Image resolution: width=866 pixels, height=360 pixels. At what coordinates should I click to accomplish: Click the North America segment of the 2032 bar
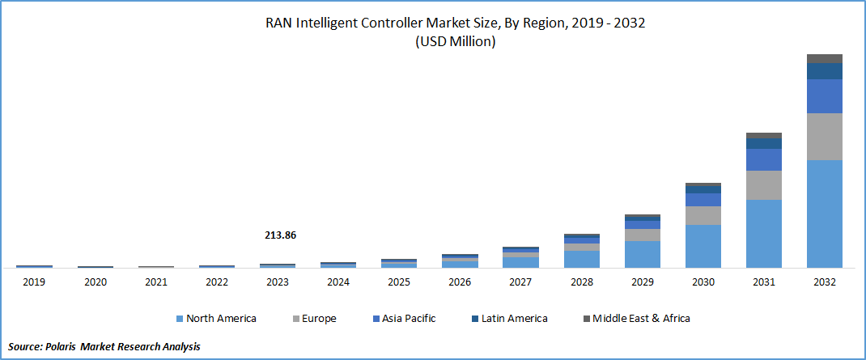[825, 214]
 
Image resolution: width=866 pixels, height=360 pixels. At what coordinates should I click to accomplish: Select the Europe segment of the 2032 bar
[825, 137]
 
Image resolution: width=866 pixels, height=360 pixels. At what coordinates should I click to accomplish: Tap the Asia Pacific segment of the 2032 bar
[825, 96]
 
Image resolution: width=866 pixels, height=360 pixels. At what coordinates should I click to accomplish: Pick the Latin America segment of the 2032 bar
[825, 71]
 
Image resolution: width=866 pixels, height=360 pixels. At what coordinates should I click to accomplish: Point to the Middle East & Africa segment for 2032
[825, 58]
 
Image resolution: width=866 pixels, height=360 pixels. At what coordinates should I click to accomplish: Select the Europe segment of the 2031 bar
[764, 185]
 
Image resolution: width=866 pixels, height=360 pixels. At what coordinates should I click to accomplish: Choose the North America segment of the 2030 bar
[703, 246]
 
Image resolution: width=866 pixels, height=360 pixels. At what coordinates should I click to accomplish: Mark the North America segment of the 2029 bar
[642, 254]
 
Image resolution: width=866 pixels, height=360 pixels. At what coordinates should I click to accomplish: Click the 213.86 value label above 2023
[280, 235]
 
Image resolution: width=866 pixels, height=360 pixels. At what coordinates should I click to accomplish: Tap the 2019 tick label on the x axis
[34, 282]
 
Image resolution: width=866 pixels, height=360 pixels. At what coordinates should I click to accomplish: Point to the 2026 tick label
[460, 282]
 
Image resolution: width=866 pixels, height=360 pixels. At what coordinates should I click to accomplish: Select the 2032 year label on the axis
[825, 282]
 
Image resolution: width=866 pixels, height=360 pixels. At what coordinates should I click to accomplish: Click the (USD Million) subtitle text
[455, 42]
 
